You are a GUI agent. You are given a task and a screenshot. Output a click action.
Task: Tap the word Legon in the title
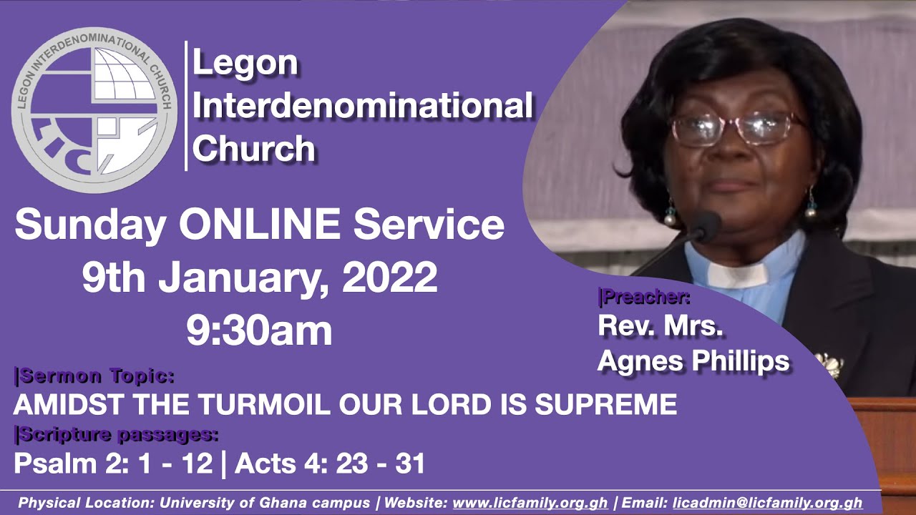coord(245,64)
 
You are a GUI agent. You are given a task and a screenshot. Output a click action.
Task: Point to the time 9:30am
coord(259,330)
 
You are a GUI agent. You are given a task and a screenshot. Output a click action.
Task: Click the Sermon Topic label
coord(94,376)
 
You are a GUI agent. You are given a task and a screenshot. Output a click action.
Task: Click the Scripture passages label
coord(116,434)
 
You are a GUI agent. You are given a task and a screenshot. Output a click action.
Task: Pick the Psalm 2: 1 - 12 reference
coord(113,463)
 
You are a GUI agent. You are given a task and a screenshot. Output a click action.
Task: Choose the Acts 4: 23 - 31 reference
coord(330,463)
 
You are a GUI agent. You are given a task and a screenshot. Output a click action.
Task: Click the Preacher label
coord(643,297)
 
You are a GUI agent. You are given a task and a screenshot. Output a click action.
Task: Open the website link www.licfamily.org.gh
coord(530,503)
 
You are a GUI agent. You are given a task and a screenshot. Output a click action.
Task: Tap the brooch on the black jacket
coord(830,364)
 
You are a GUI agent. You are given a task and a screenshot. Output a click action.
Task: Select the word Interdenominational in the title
coord(363,107)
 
